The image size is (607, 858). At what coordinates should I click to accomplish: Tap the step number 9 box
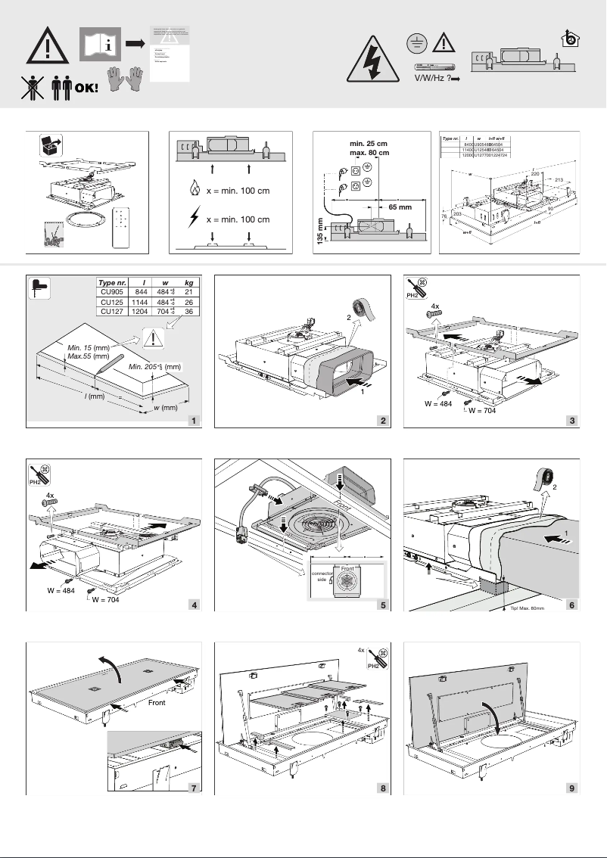pyautogui.click(x=573, y=788)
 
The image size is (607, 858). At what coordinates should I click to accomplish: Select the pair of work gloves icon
pyautogui.click(x=126, y=81)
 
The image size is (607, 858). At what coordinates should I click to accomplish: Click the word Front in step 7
pyautogui.click(x=157, y=701)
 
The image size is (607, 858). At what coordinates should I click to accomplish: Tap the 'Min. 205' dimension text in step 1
pyautogui.click(x=145, y=366)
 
